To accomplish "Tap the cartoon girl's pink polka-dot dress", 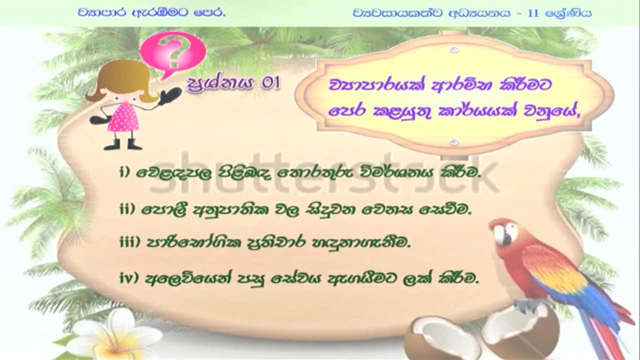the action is click(x=124, y=117).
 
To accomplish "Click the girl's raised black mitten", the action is click(x=170, y=96).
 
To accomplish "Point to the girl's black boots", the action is click(x=123, y=144).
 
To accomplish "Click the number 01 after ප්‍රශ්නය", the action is click(x=271, y=83).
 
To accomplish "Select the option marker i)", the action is click(x=125, y=172).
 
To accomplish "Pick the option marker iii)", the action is click(x=130, y=242).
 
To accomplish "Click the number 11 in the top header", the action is click(x=533, y=13).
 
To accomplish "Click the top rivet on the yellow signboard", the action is click(x=454, y=50).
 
